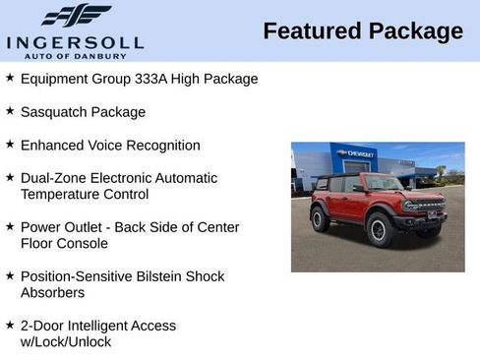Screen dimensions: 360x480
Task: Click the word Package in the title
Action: point(415,31)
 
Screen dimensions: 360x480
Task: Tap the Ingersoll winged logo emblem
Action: point(76,16)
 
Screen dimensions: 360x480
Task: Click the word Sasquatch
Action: point(55,112)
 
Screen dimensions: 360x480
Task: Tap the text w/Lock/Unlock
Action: point(66,341)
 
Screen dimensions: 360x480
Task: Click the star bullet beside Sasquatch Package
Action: point(10,112)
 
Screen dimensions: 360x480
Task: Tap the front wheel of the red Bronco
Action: point(380,229)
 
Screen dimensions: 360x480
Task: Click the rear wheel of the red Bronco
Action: point(321,218)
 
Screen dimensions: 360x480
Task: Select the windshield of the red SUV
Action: point(382,183)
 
